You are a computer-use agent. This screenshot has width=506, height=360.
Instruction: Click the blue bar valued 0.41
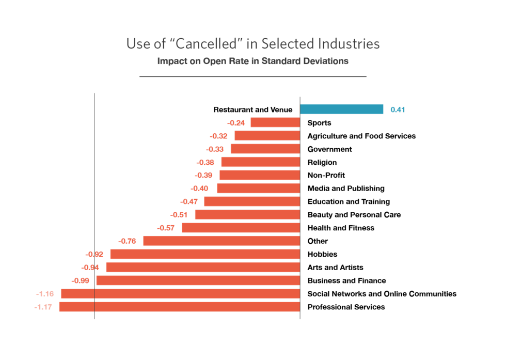tap(341, 109)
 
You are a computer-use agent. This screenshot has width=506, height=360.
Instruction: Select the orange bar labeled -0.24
tap(275, 122)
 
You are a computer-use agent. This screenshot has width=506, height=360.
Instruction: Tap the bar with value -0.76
tap(221, 241)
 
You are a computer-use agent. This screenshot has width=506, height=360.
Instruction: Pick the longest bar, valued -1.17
tap(179, 307)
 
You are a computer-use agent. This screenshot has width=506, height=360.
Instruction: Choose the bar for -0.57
tap(241, 228)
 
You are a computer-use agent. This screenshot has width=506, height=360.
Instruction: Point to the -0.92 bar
tap(204, 254)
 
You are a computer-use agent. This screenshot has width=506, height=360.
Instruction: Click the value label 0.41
tap(398, 109)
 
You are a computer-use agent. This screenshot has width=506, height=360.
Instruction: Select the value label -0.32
tap(218, 136)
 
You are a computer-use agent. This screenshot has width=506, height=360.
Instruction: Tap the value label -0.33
tap(215, 149)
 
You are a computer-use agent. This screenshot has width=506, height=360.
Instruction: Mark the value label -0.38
tap(205, 162)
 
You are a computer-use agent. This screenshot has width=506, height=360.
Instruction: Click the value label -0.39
tap(203, 175)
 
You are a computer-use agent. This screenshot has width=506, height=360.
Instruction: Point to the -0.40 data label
tap(199, 189)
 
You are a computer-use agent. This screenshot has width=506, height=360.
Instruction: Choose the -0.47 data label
tap(188, 201)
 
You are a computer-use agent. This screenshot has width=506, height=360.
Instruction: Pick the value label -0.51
tap(179, 215)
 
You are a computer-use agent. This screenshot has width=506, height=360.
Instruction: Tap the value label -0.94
tap(90, 268)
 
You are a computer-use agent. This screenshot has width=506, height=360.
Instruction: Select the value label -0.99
tap(81, 280)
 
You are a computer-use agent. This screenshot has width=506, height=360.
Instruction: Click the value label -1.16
tap(45, 294)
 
